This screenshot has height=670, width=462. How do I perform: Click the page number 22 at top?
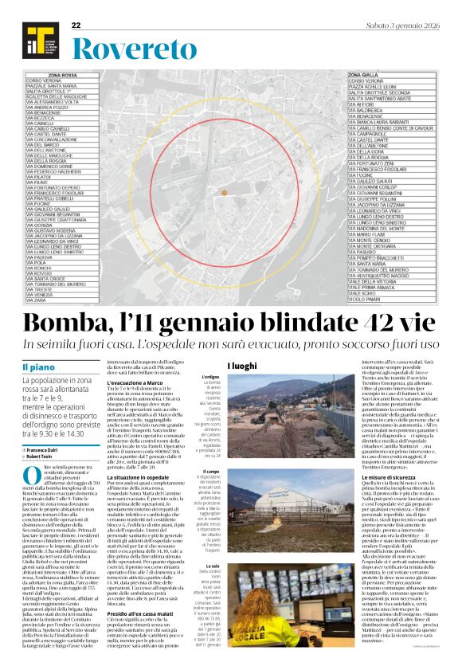click(x=76, y=25)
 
